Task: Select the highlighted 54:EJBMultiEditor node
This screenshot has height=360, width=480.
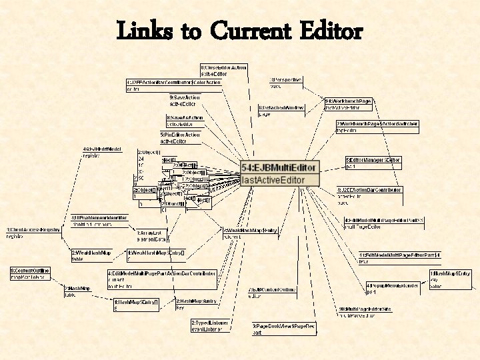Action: [x=280, y=167]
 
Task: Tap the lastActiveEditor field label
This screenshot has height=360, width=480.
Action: [x=274, y=180]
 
